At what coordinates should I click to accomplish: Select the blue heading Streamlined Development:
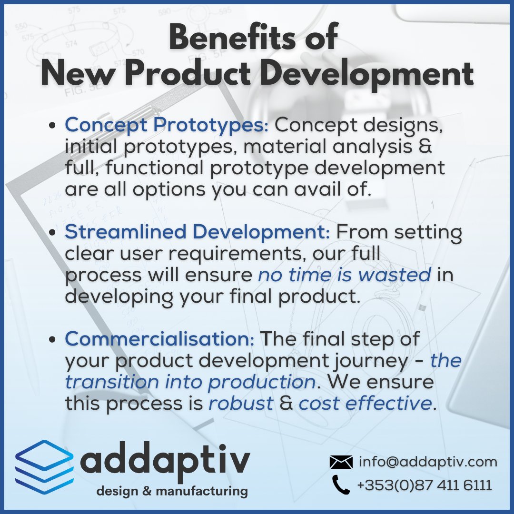point(197,232)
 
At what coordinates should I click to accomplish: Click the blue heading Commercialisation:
point(160,339)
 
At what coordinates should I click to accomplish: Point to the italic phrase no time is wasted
point(345,275)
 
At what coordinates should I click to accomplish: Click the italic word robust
point(241,404)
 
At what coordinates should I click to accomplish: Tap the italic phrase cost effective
point(365,404)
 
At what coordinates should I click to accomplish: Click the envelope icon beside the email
point(341,462)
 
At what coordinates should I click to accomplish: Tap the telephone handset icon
point(341,485)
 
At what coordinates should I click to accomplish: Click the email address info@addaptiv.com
point(428,462)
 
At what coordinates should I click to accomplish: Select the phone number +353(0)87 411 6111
point(424,485)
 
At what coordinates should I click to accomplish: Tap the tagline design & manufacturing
point(172,491)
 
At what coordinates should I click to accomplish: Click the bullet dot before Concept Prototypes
point(54,128)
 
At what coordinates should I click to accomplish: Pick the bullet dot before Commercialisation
point(54,340)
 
